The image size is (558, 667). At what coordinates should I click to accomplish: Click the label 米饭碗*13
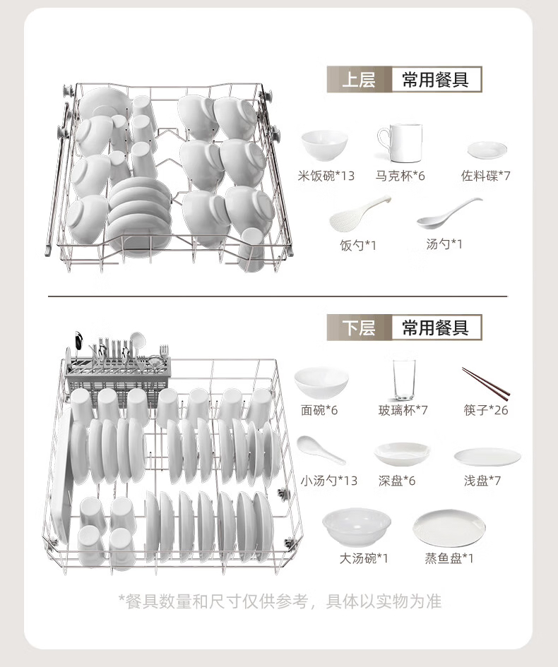click(326, 176)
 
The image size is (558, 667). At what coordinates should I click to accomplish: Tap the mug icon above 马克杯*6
click(400, 143)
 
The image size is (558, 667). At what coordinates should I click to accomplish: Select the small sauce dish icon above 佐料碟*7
click(487, 150)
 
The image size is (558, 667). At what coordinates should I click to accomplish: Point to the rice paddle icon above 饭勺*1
click(360, 214)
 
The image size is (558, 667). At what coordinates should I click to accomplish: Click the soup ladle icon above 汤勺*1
click(449, 213)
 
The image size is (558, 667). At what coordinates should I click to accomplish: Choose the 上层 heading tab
click(359, 80)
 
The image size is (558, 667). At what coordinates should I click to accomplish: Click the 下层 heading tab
click(359, 328)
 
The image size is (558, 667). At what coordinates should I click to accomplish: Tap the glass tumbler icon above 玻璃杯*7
click(404, 380)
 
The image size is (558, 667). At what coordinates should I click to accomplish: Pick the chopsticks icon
click(486, 384)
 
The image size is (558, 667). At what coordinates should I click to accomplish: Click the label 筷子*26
click(486, 410)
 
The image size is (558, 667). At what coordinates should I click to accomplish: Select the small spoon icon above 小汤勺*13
click(321, 450)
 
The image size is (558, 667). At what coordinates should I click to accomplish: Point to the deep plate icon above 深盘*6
click(402, 453)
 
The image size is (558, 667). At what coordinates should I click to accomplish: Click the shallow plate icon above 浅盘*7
click(487, 457)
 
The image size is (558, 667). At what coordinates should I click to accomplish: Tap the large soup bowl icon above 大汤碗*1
click(357, 527)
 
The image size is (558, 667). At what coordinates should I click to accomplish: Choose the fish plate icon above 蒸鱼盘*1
click(449, 528)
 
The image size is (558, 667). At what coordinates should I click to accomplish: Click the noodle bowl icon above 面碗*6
click(321, 383)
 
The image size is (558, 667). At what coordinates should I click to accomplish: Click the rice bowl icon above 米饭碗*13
click(324, 145)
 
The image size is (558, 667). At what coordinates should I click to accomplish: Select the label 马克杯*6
click(400, 176)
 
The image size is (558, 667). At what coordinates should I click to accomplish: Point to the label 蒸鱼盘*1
click(449, 558)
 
